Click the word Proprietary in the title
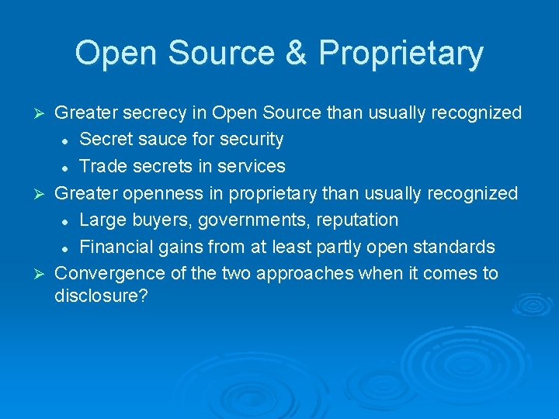(x=401, y=54)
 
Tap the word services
(x=251, y=166)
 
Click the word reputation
(x=356, y=220)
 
